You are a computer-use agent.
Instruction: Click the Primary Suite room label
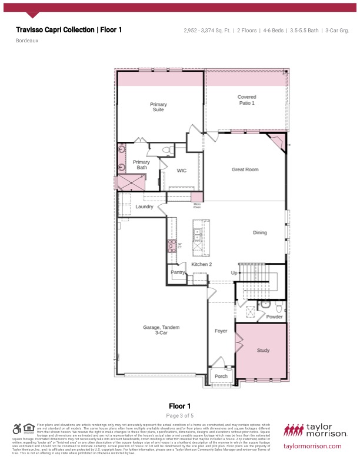point(158,107)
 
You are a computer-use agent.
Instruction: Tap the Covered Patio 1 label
point(246,100)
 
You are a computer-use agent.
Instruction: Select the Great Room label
point(245,169)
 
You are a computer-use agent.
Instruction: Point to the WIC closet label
point(182,171)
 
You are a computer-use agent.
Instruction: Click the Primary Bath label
point(141,165)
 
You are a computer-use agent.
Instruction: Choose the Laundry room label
point(144,207)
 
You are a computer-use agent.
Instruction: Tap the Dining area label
point(259,232)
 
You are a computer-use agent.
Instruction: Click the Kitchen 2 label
point(201,265)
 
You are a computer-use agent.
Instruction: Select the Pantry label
point(178,272)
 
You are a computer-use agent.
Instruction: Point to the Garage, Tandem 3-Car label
point(161,330)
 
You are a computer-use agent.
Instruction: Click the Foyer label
point(221,331)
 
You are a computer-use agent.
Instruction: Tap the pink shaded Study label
point(263,350)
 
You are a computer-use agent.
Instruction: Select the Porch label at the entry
point(221,376)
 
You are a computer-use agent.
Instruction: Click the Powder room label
point(274,317)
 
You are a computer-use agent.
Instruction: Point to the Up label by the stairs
point(234,273)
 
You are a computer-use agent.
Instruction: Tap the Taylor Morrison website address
point(312,446)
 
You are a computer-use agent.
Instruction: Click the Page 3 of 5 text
point(179,415)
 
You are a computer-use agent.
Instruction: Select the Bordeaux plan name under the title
point(27,41)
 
